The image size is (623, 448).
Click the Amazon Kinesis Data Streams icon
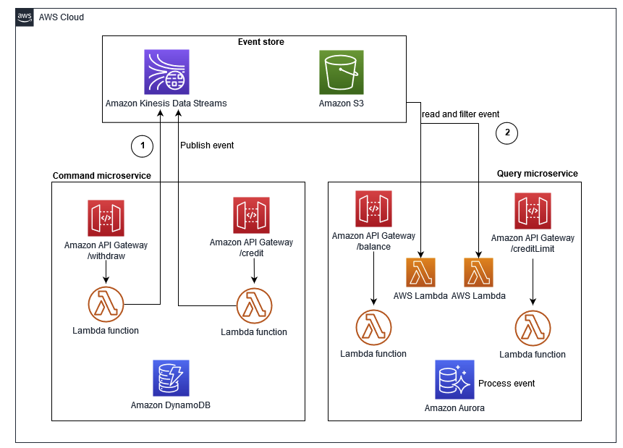pos(166,72)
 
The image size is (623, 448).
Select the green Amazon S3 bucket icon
pos(342,72)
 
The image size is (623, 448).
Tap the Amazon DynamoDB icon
pos(171,378)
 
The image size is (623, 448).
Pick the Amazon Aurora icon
pos(454,379)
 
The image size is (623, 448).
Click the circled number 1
pos(142,146)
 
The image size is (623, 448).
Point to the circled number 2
pos(507,132)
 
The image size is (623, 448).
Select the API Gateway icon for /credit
pos(251,216)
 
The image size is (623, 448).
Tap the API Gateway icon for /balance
pos(373,209)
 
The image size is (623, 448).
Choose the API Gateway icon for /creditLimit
pos(533,211)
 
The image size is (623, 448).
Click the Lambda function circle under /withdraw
pos(106,305)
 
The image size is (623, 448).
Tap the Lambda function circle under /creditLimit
pos(533,329)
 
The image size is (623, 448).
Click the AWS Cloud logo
pos(25,17)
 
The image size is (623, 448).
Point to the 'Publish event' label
pos(207,145)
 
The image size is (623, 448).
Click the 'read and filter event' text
pos(460,114)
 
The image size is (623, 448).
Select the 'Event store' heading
pos(260,42)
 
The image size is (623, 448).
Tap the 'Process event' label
pos(507,383)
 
